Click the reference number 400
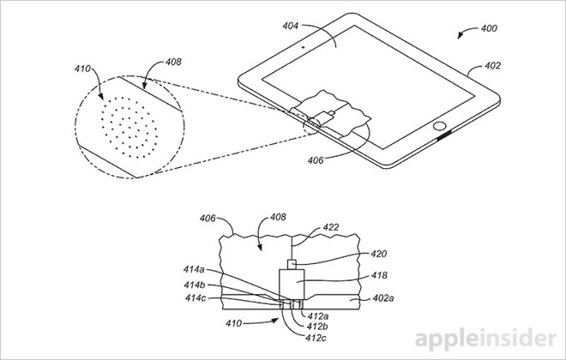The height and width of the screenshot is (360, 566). (x=489, y=28)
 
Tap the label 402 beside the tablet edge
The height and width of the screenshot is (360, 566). (x=492, y=66)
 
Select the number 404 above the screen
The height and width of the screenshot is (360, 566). (x=291, y=26)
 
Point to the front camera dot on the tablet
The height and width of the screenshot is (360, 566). (x=303, y=46)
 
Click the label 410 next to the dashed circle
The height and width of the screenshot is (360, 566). (x=82, y=69)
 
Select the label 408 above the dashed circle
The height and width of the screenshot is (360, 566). (x=173, y=62)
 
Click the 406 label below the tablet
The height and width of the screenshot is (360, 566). (x=316, y=160)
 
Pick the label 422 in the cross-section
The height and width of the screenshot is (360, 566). (x=331, y=227)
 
